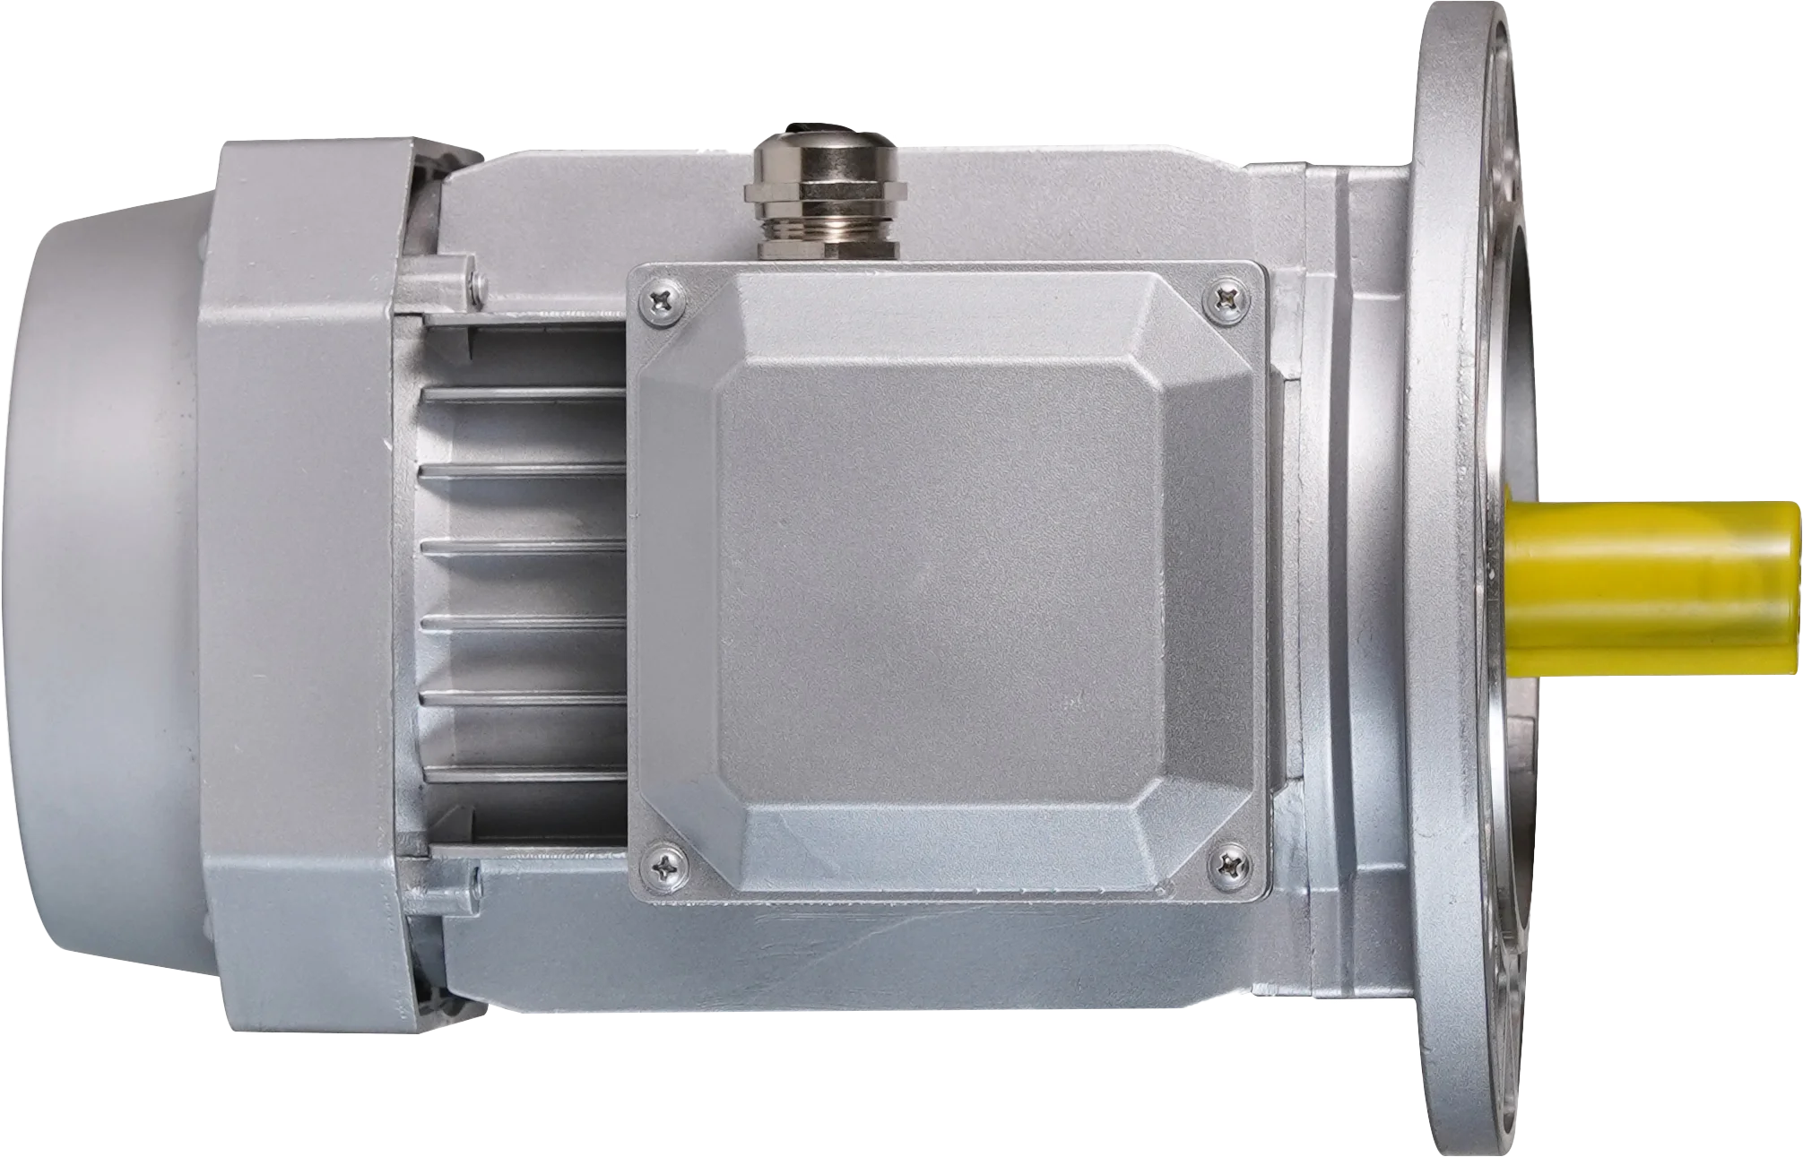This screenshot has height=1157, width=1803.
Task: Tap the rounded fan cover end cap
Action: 99,583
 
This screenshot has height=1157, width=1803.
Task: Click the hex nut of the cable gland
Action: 825,190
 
